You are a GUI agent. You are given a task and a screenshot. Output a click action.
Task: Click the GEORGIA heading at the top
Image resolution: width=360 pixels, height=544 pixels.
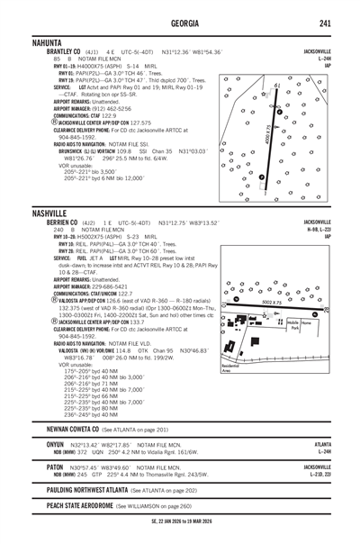180,24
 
